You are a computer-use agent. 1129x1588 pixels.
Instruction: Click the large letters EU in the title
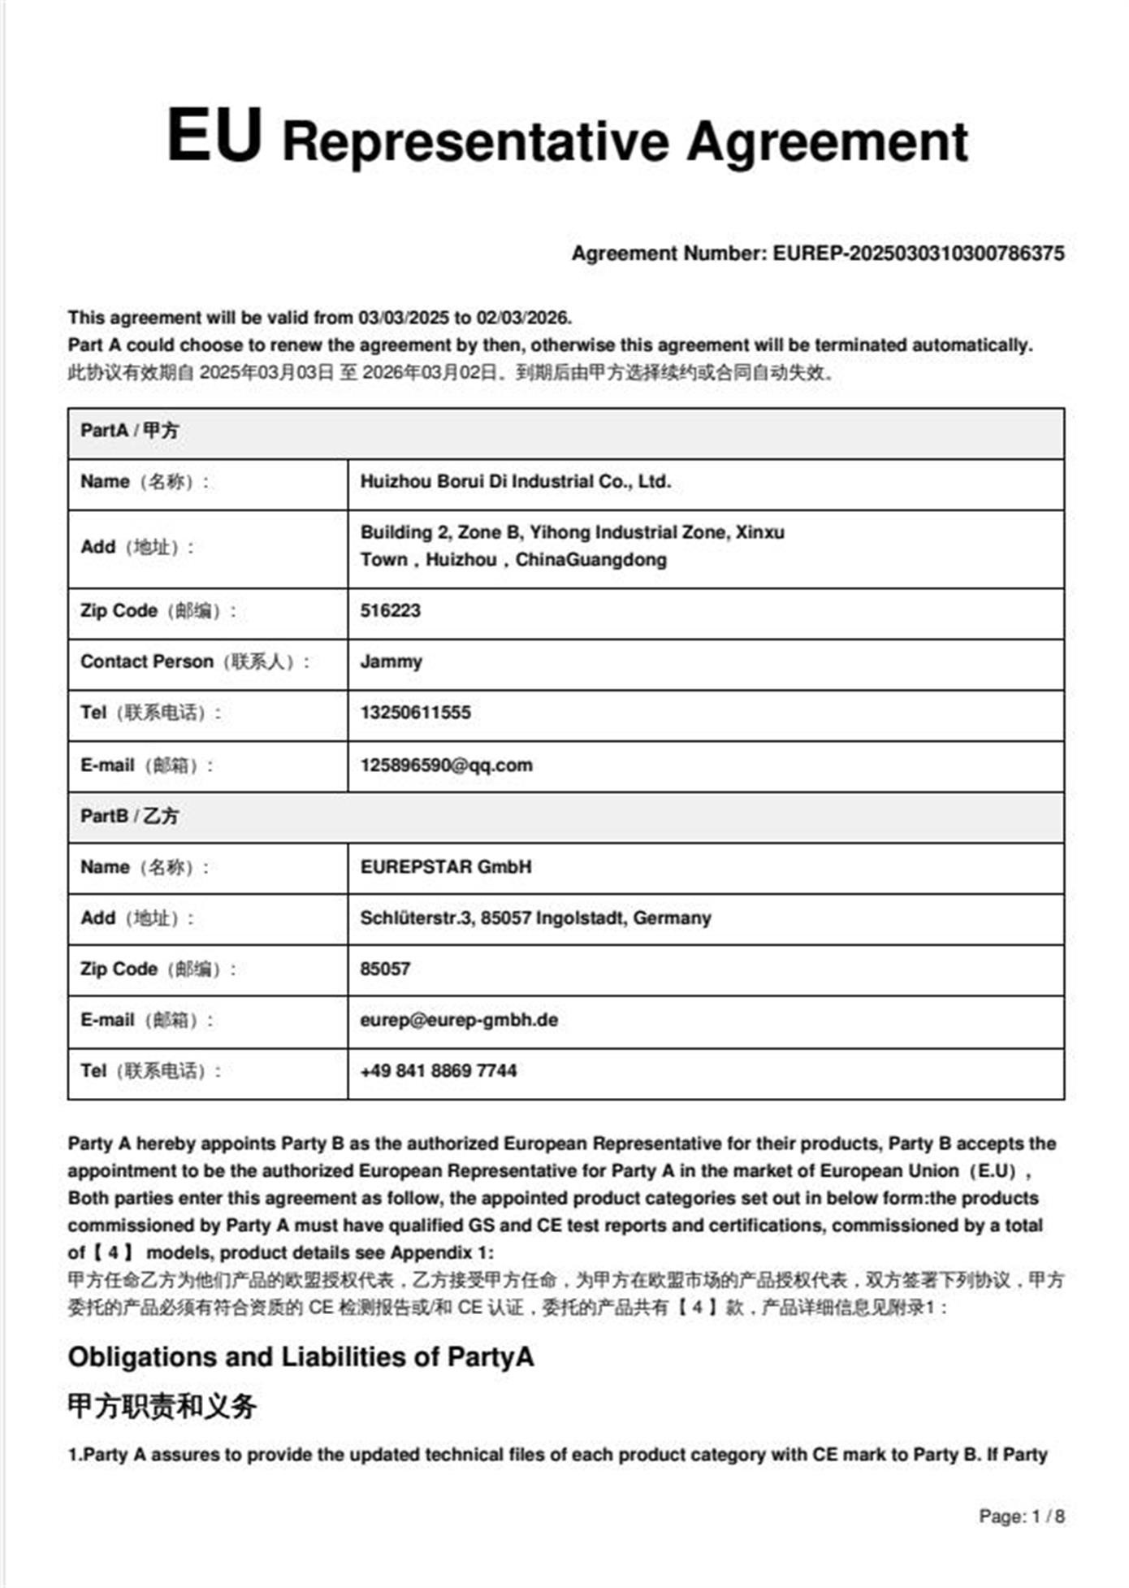[214, 136]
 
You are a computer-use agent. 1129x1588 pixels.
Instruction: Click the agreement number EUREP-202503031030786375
[918, 254]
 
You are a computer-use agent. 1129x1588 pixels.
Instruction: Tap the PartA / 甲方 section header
[129, 431]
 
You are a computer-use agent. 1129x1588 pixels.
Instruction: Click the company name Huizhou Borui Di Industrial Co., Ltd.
[515, 482]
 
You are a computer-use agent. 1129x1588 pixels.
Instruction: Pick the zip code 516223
[390, 611]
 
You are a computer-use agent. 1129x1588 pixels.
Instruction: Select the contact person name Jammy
[391, 662]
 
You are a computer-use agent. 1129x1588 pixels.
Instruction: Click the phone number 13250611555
[415, 713]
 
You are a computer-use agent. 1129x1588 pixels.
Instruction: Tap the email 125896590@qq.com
[446, 766]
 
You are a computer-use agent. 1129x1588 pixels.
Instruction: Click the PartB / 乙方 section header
[129, 816]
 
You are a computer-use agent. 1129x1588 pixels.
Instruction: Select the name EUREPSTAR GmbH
[445, 867]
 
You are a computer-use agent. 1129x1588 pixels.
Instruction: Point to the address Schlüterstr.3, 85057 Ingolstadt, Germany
[535, 918]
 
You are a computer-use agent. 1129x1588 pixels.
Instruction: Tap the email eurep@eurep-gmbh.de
[459, 1021]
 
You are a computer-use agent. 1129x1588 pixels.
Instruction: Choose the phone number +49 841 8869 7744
[438, 1071]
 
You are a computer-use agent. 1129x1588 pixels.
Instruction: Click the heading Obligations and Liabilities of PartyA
[301, 1357]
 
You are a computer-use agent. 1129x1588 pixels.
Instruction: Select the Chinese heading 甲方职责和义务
[162, 1406]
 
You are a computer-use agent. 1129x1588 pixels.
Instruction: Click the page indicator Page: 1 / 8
[1021, 1516]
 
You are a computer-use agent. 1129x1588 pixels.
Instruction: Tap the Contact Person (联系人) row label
[195, 662]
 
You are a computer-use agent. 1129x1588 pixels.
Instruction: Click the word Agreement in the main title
[827, 142]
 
